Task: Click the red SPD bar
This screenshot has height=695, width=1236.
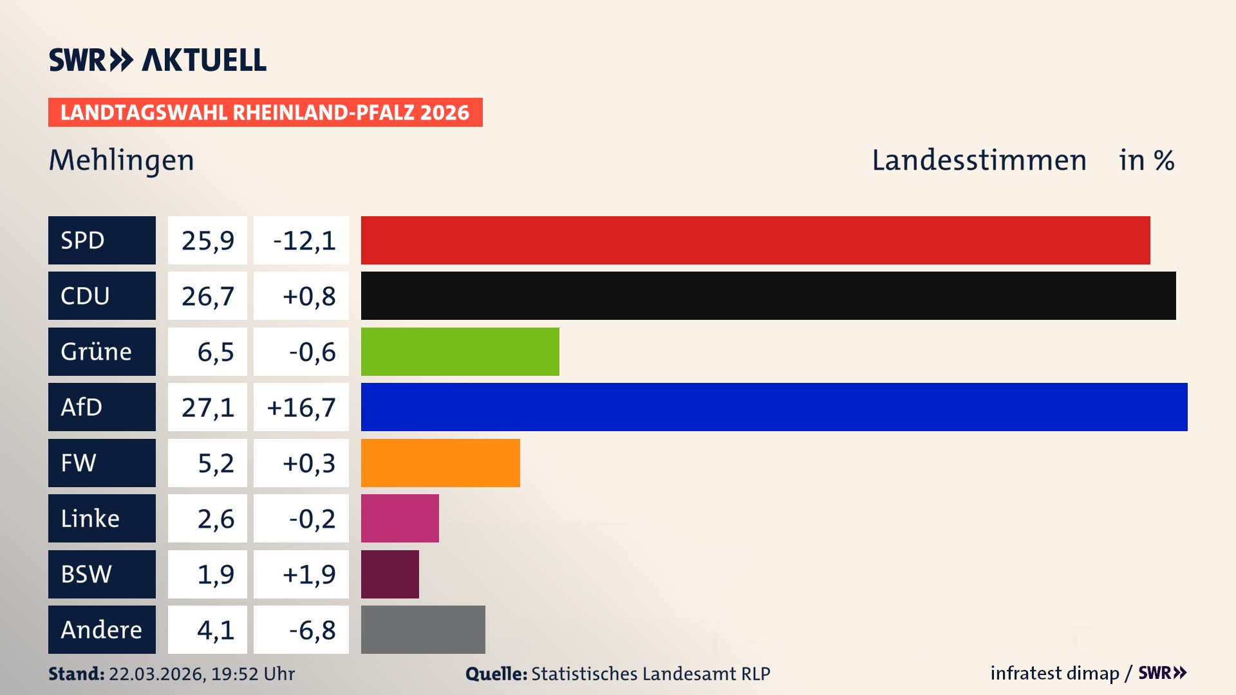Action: point(755,240)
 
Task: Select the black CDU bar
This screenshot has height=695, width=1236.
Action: point(768,296)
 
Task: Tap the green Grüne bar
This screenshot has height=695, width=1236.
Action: point(460,351)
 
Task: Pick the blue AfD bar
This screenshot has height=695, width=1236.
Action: point(774,407)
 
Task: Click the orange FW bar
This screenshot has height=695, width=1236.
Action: point(440,463)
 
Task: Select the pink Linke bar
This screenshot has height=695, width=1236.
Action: point(400,518)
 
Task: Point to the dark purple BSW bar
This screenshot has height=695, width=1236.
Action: point(389,574)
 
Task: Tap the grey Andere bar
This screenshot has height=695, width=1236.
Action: point(423,629)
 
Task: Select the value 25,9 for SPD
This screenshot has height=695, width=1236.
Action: point(207,240)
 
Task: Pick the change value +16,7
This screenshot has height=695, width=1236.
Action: point(301,407)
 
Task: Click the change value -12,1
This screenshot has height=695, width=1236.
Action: point(304,240)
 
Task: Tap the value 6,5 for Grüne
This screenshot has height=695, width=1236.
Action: point(215,351)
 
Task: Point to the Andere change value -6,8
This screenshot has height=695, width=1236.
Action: point(312,629)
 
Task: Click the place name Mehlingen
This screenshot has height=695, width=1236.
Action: point(122,160)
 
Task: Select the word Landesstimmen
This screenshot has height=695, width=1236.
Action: point(979,160)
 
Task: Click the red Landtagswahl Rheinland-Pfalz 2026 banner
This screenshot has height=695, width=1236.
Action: point(265,113)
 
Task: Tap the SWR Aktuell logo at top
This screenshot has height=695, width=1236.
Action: point(158,60)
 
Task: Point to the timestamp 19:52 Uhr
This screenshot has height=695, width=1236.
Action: point(253,674)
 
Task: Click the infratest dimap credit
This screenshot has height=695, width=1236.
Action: point(1054,673)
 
